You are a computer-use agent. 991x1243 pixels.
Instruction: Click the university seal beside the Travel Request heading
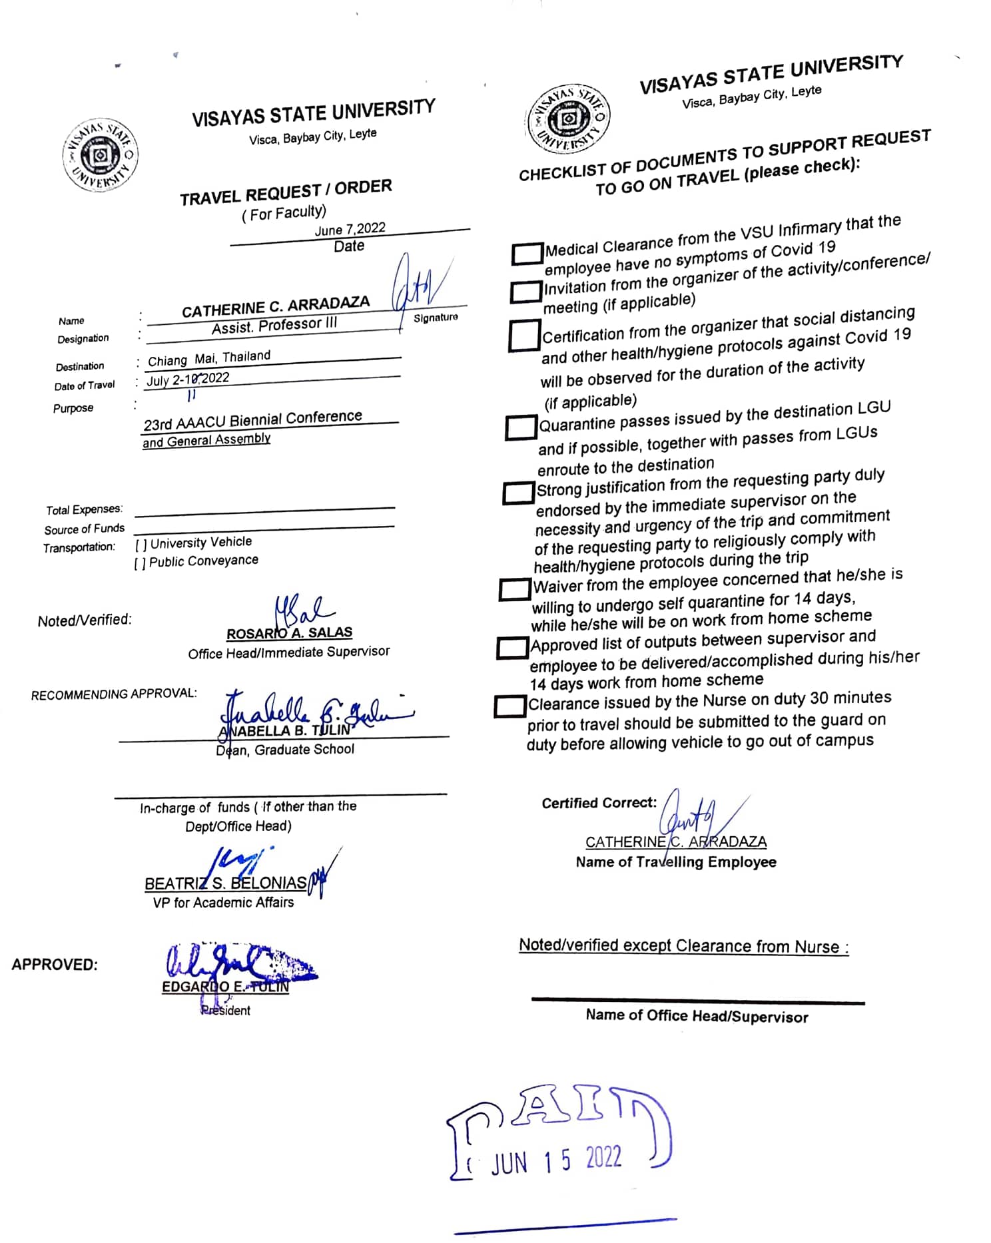[x=100, y=156]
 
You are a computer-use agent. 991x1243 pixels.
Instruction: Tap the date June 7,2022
[x=350, y=229]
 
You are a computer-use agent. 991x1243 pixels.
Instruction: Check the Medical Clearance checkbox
[x=527, y=253]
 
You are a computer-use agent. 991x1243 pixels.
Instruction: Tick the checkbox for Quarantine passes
[x=521, y=427]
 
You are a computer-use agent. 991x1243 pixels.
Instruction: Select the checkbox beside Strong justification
[x=518, y=493]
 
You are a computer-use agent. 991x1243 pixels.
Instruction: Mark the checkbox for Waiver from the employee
[x=515, y=589]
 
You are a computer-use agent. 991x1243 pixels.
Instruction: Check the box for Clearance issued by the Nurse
[x=509, y=706]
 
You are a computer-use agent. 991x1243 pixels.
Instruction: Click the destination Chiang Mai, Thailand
[x=209, y=358]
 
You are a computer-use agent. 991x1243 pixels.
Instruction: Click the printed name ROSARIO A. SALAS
[x=289, y=633]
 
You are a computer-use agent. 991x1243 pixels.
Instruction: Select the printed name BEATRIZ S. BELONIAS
[x=225, y=883]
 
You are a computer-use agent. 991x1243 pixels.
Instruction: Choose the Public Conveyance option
[x=196, y=562]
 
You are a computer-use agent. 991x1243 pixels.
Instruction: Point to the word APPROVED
[x=55, y=965]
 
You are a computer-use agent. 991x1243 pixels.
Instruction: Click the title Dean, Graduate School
[x=285, y=750]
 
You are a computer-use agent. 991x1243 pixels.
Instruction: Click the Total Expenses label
[x=84, y=510]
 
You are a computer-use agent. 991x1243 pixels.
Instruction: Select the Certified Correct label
[x=599, y=803]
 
